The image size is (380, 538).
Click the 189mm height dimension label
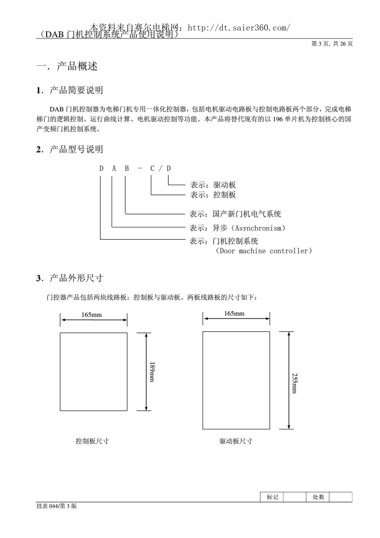tap(152, 372)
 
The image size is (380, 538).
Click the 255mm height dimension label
tap(294, 383)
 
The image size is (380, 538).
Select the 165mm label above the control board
tap(92, 315)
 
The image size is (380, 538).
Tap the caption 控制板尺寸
tap(92, 441)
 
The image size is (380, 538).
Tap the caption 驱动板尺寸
tap(236, 441)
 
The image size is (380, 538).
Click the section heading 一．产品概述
tap(67, 66)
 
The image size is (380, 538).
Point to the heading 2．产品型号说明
tap(70, 150)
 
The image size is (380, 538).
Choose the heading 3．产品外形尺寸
tap(70, 278)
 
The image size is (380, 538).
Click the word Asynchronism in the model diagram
tap(260, 228)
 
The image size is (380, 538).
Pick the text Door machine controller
tap(264, 251)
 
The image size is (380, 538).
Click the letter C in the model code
tap(152, 168)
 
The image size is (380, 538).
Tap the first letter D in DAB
tap(101, 168)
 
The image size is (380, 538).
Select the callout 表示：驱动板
tap(213, 185)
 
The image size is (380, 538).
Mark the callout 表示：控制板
tap(213, 195)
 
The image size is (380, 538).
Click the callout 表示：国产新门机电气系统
tap(235, 214)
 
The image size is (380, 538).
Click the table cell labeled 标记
tap(272, 497)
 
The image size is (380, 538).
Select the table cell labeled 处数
tap(318, 497)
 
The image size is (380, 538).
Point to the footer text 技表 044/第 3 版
tap(56, 506)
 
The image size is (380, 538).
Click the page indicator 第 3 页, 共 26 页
tap(332, 44)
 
